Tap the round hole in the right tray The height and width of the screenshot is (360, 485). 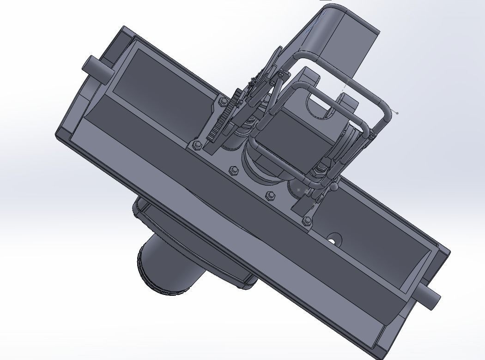pyautogui.click(x=333, y=241)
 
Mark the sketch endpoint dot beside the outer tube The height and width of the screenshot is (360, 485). pyautogui.click(x=397, y=113)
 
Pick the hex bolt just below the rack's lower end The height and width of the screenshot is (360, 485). pyautogui.click(x=196, y=146)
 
